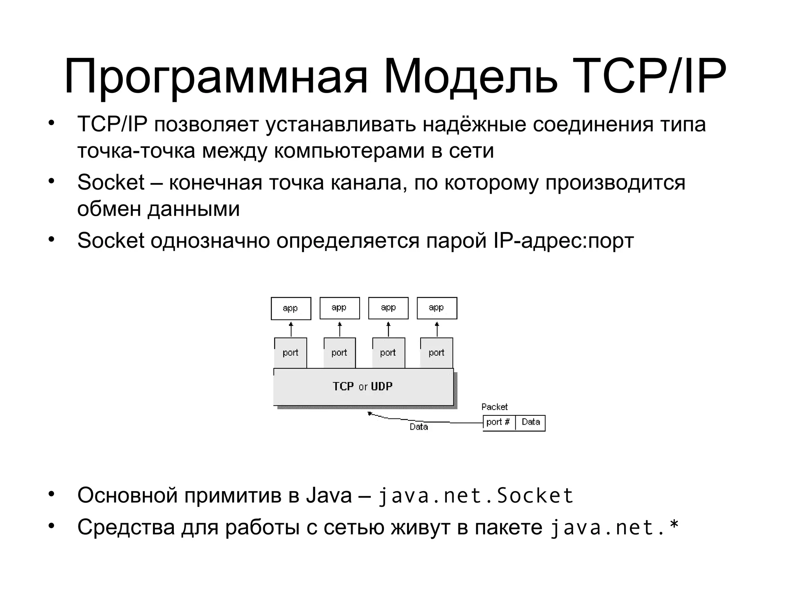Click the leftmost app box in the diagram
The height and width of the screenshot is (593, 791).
(x=291, y=308)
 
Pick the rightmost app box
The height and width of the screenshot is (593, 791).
(x=437, y=308)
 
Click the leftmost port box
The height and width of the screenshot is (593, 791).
(x=290, y=352)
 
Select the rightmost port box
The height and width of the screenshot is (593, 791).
(x=436, y=352)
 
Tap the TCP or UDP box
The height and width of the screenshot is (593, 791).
(x=363, y=386)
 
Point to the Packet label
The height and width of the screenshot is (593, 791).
(x=494, y=407)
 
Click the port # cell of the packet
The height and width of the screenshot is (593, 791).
(x=498, y=422)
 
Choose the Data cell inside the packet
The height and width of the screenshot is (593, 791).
(x=531, y=422)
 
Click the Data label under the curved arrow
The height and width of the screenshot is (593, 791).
(x=419, y=427)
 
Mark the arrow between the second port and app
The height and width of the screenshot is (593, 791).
(x=340, y=329)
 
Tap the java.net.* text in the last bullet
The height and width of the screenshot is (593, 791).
(x=614, y=528)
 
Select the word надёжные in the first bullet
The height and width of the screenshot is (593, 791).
(x=475, y=124)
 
